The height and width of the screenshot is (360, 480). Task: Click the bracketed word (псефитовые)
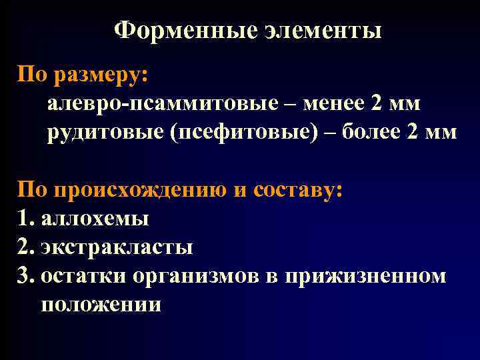(245, 132)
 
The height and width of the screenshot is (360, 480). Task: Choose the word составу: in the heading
(297, 191)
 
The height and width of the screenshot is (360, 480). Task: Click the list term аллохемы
(95, 219)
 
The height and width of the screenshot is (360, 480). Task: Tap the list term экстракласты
(117, 247)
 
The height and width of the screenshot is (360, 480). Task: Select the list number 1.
(25, 219)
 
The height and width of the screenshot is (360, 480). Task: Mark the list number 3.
(25, 275)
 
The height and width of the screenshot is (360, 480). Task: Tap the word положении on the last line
(101, 304)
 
